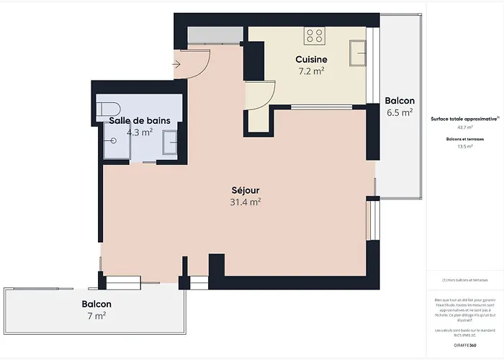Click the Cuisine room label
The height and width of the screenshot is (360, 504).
pyautogui.click(x=312, y=59)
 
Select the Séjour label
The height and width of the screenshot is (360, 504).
pyautogui.click(x=246, y=190)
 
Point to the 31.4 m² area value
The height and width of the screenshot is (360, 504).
pyautogui.click(x=246, y=202)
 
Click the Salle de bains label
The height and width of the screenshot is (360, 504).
pyautogui.click(x=139, y=120)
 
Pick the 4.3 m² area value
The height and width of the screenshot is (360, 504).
pyautogui.click(x=139, y=132)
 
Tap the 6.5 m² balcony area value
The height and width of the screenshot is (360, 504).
pyautogui.click(x=399, y=113)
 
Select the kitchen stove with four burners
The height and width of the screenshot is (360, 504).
pyautogui.click(x=314, y=35)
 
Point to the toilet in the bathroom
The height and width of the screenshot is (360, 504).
pyautogui.click(x=109, y=109)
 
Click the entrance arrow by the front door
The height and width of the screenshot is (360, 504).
pyautogui.click(x=177, y=63)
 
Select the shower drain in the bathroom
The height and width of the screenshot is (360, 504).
pyautogui.click(x=113, y=143)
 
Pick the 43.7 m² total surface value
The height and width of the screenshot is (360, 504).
pyautogui.click(x=465, y=127)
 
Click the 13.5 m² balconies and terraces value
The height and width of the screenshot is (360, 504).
pyautogui.click(x=465, y=146)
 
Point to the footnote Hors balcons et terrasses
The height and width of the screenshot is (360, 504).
pyautogui.click(x=465, y=280)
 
